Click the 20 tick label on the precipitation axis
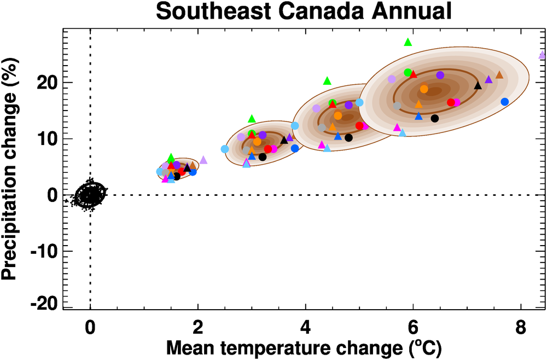pos(48,83)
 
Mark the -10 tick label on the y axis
pos(44,251)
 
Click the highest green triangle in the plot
pos(408,42)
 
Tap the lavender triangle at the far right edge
pos(542,55)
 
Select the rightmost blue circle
pos(505,102)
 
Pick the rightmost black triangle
pos(478,85)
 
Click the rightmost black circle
pos(435,118)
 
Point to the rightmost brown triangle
pos(499,75)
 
